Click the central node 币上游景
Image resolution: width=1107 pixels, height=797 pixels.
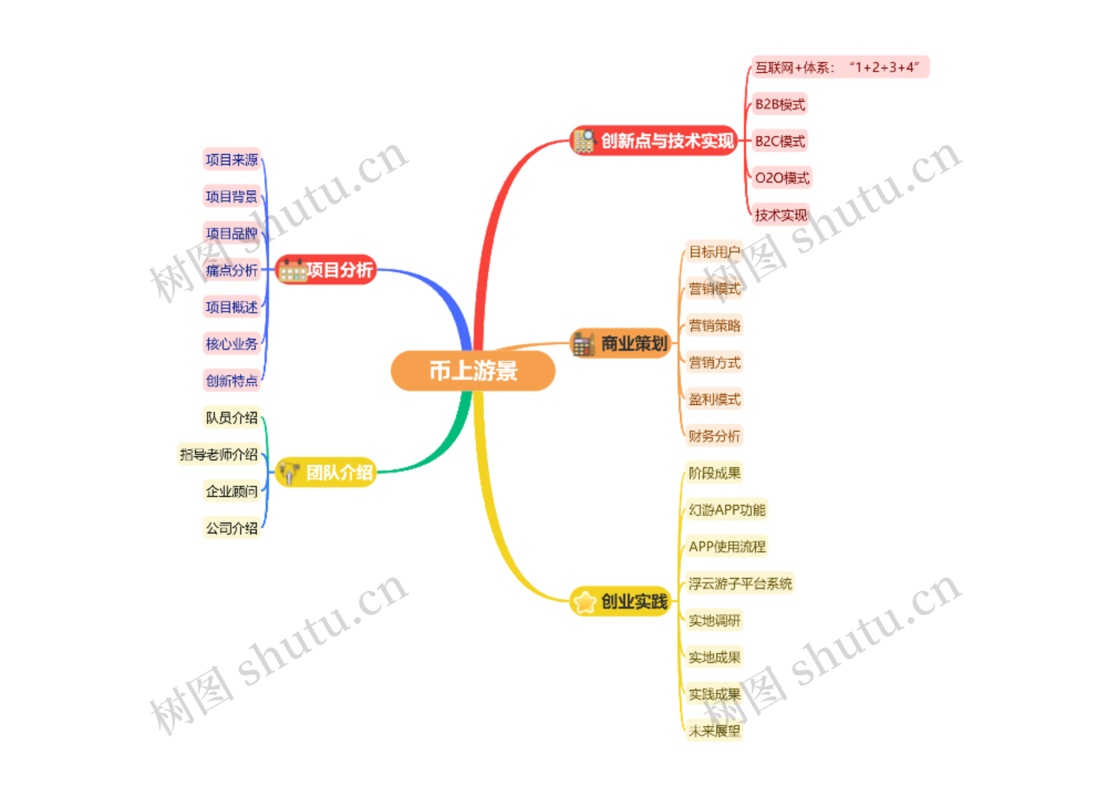tap(473, 371)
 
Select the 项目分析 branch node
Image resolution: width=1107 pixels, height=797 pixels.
tap(326, 269)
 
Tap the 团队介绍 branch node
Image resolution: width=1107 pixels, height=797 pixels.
tap(326, 472)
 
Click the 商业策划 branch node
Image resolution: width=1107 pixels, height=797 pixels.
tap(621, 343)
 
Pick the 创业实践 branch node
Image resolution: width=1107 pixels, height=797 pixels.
tap(621, 601)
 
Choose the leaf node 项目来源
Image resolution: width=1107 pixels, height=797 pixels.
tap(231, 160)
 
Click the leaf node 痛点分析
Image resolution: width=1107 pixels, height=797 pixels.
tap(231, 270)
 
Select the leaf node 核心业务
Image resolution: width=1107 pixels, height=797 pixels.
tap(231, 344)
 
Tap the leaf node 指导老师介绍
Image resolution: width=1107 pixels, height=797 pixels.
tap(218, 454)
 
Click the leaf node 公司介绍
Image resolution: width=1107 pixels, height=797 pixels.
tap(231, 528)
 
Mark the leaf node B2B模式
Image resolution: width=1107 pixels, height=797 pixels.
tap(780, 104)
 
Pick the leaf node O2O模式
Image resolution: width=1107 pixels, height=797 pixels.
tap(781, 178)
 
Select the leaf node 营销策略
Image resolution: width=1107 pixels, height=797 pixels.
tap(714, 325)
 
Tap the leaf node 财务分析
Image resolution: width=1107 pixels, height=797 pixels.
tap(714, 435)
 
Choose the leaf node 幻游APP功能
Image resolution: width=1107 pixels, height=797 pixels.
tap(727, 509)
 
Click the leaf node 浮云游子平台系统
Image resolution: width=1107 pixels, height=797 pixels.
tap(740, 583)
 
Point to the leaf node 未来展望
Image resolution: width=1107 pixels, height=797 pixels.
tap(714, 731)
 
